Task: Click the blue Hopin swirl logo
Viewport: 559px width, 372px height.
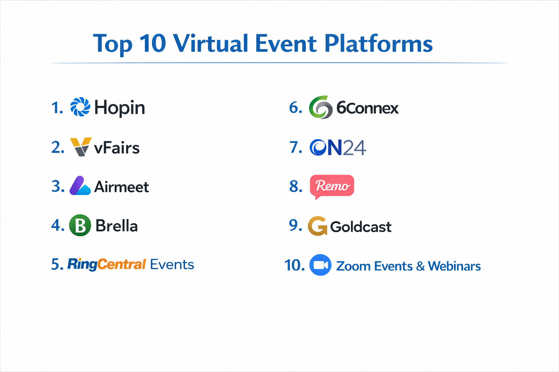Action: point(80,107)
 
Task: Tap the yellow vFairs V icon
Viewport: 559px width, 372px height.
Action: point(80,146)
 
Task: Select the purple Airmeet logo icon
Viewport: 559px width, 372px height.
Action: point(80,186)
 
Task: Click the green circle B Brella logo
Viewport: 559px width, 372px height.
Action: point(80,225)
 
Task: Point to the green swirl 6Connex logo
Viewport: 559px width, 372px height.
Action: point(321,108)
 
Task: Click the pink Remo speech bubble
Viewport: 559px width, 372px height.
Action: point(332,186)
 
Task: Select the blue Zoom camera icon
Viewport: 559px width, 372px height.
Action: point(320,265)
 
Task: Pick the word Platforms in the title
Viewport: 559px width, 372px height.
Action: point(378,44)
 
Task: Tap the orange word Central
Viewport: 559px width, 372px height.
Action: point(122,264)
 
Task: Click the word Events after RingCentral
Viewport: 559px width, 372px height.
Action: point(172,264)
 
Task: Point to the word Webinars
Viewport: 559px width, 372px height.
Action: point(454,266)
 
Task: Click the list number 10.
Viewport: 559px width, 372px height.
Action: point(294,265)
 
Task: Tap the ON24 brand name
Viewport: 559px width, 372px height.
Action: point(338,147)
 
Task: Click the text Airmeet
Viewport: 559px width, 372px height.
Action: point(122,187)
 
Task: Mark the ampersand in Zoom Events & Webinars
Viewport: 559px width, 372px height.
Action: point(420,266)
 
